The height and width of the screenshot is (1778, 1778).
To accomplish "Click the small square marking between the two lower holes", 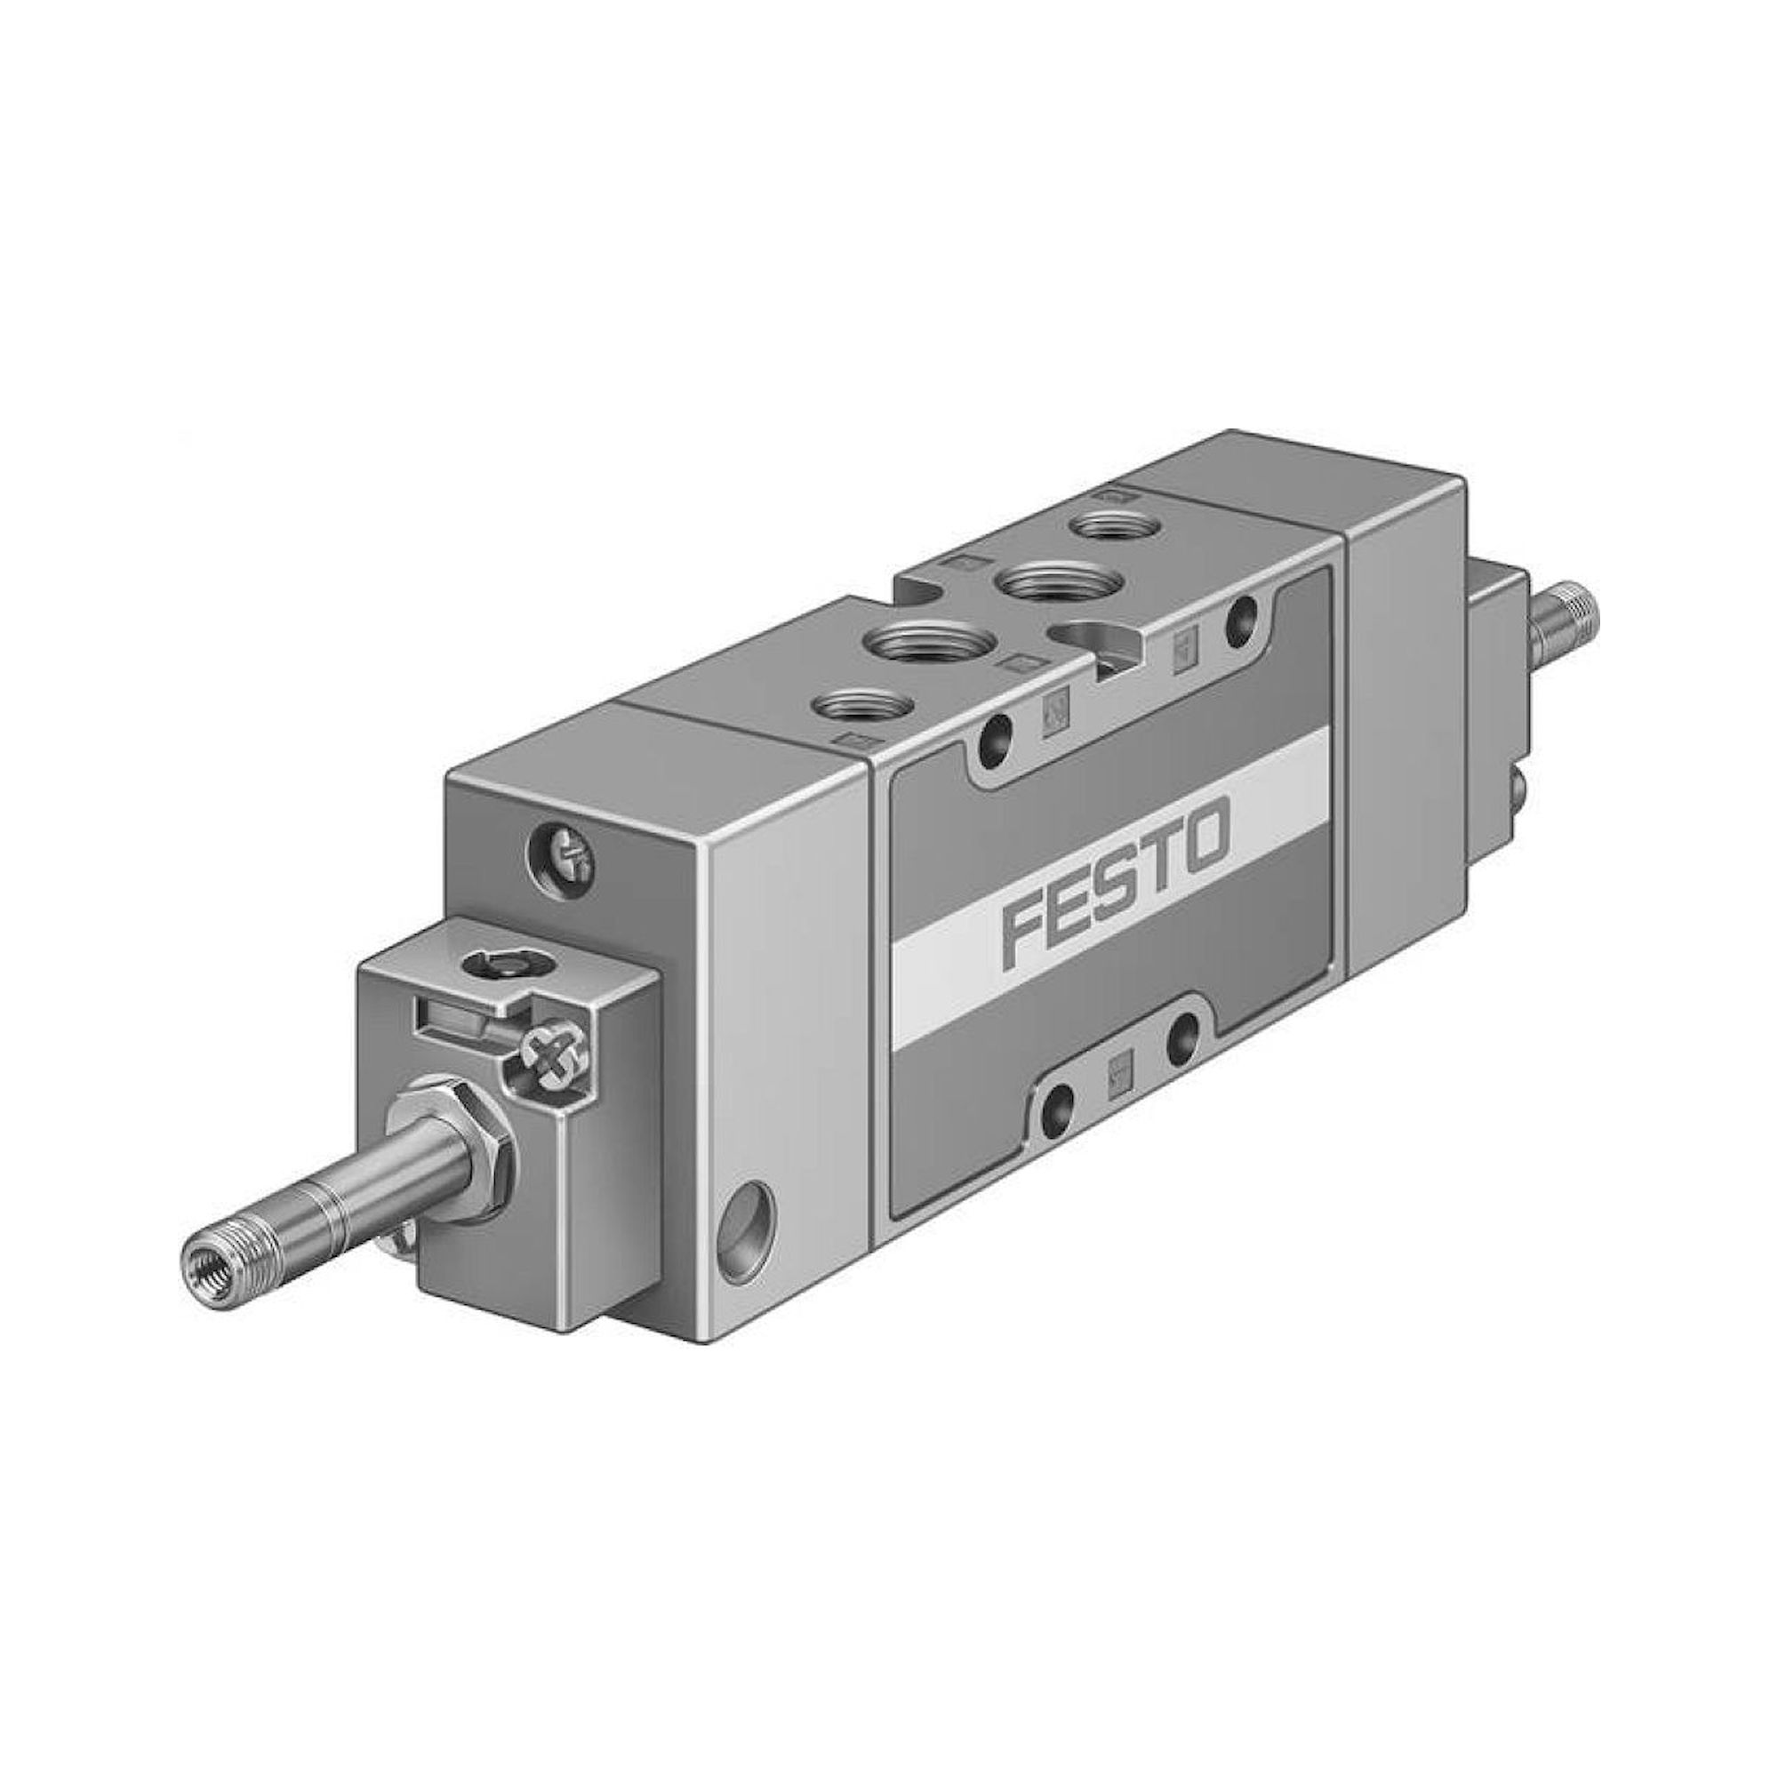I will coord(1119,1072).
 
